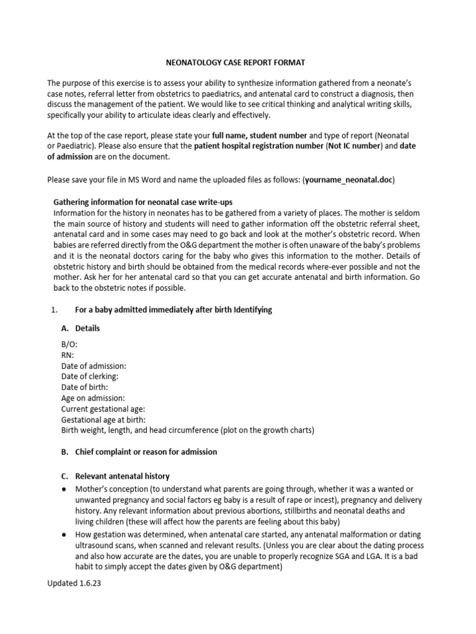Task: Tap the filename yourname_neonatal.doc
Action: [x=348, y=180]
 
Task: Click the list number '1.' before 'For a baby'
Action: [x=53, y=310]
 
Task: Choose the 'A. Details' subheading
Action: [x=80, y=328]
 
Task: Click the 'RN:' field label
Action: [x=68, y=355]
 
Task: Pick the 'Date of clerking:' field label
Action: [x=90, y=376]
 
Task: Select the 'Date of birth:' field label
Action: [x=85, y=387]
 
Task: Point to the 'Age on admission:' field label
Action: [x=93, y=397]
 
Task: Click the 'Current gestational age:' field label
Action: [x=104, y=409]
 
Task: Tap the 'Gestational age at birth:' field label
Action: [x=104, y=419]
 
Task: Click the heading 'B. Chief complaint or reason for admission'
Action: [x=139, y=451]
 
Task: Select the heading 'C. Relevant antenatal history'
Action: [x=115, y=476]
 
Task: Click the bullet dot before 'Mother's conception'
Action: [x=64, y=489]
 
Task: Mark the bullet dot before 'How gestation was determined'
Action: [x=64, y=534]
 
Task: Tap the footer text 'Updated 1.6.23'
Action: [x=74, y=583]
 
